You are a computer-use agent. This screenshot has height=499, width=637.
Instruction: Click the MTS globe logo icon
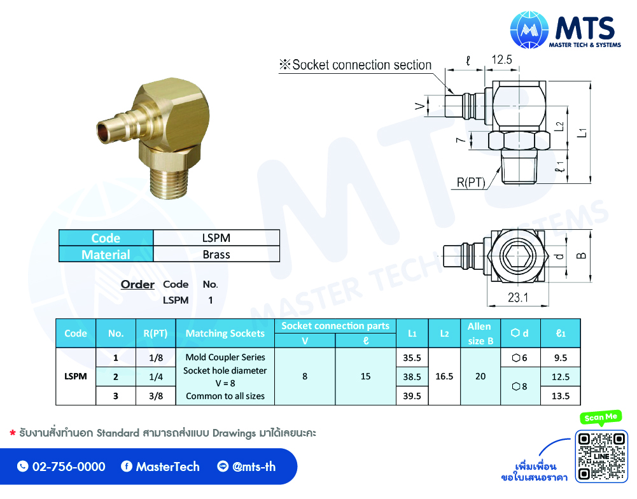529,30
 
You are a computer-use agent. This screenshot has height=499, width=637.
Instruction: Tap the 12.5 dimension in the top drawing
501,60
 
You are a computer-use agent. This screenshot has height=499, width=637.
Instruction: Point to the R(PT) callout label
471,183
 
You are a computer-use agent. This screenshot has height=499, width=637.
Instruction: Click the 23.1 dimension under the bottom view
518,297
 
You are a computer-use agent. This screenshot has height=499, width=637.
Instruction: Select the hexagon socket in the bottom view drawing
514,256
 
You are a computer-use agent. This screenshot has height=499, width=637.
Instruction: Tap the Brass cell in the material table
216,255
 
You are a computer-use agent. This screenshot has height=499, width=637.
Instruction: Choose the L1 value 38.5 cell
412,377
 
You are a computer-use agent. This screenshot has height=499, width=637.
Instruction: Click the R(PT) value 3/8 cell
156,396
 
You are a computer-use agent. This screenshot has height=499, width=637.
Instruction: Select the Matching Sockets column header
225,334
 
